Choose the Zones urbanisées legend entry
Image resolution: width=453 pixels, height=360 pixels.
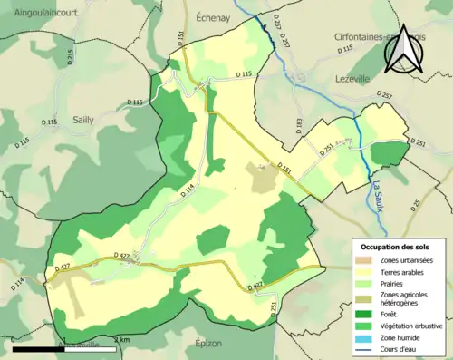(x=407, y=261)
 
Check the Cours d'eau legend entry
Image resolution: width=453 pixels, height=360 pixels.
(x=399, y=350)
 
